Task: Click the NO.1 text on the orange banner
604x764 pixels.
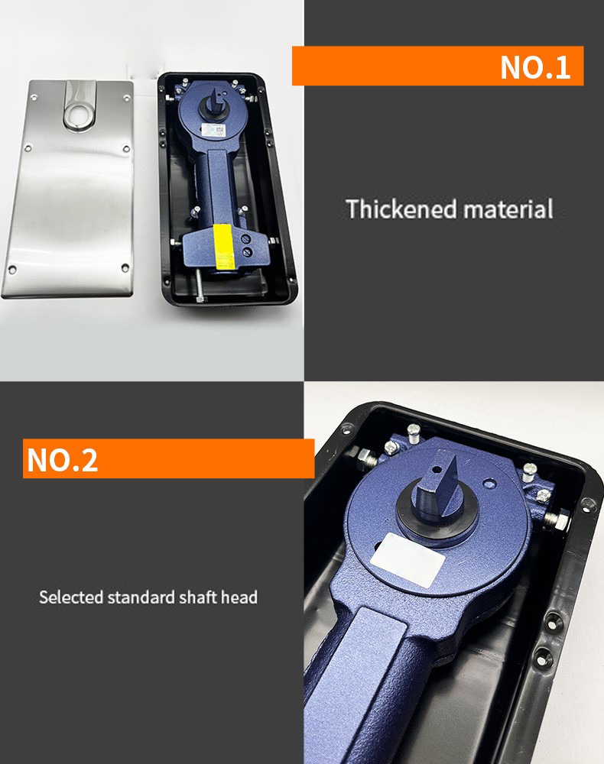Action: pos(534,66)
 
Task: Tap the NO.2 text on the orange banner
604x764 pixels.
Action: pos(63,459)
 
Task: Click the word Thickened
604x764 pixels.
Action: pos(401,209)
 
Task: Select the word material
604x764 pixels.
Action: pos(508,209)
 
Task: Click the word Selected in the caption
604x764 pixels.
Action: pos(71,597)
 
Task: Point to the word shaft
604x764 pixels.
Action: pos(197,597)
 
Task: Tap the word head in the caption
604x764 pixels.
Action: pos(239,597)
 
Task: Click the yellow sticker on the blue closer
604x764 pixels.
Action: pos(224,247)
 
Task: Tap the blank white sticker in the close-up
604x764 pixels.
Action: pos(408,559)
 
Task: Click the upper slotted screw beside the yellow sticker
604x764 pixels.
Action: pos(246,238)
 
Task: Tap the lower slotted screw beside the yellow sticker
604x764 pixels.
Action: pos(248,252)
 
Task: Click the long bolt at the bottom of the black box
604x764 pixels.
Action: pos(200,285)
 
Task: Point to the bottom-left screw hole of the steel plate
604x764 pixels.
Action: pos(13,270)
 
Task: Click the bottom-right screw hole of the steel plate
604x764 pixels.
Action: pos(125,267)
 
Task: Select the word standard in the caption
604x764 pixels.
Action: pos(141,597)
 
